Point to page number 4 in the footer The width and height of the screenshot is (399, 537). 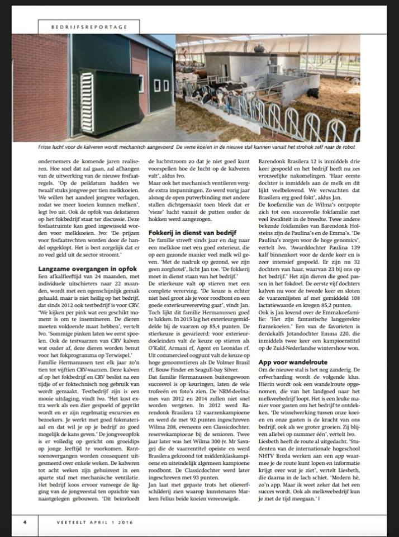coord(25,521)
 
